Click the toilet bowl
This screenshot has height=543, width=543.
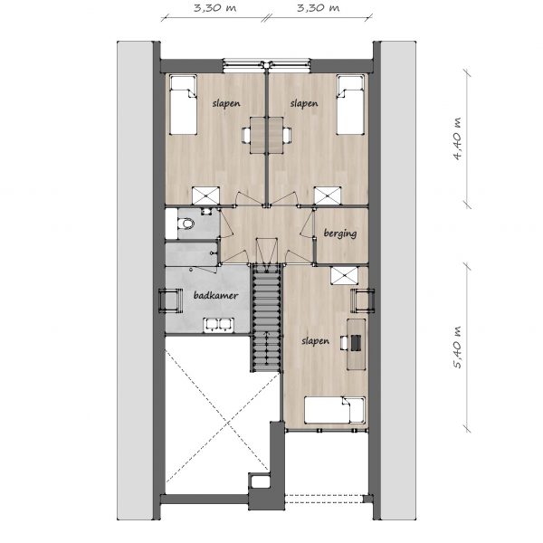pos(186,224)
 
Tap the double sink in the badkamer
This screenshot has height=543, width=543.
pos(219,325)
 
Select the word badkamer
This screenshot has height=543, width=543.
pos(215,295)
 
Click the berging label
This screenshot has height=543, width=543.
pos(340,233)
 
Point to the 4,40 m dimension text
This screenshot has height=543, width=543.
pos(457,138)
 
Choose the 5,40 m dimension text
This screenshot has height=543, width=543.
pos(457,348)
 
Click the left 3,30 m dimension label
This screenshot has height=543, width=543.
pos(214,8)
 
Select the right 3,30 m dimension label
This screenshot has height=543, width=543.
pos(319,8)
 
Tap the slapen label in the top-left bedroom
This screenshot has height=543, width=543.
pos(226,103)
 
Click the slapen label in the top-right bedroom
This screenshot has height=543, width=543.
pos(304,103)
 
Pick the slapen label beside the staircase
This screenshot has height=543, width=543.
pos(315,341)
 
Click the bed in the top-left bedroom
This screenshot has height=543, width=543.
pos(183,105)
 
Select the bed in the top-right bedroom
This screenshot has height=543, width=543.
pos(350,105)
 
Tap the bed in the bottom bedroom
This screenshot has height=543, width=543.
pos(335,410)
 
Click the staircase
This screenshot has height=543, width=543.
pos(266,318)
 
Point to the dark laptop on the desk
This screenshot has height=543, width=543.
pos(356,343)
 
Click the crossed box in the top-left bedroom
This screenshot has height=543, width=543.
pos(205,195)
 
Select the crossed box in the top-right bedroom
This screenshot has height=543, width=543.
pos(328,195)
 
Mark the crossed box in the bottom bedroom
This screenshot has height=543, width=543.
pos(344,276)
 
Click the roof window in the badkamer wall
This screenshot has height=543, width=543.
pos(170,300)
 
